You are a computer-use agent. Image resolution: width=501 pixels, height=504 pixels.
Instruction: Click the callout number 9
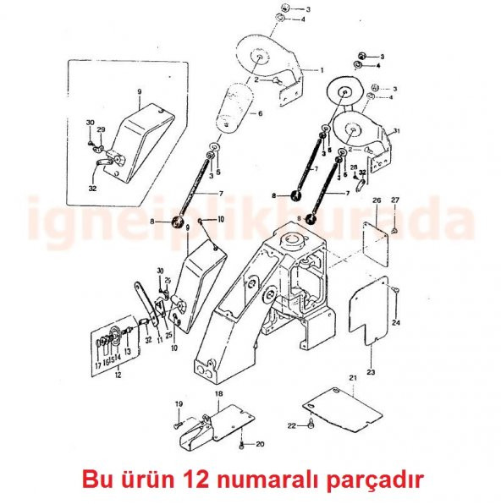coord(139,90)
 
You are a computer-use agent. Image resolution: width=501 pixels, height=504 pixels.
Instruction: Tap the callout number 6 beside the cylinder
coord(260,113)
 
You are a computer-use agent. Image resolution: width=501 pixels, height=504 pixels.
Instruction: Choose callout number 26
coord(377,200)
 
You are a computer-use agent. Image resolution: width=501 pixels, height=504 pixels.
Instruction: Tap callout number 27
coord(395,200)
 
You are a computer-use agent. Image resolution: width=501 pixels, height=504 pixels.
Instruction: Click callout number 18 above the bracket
coord(217,394)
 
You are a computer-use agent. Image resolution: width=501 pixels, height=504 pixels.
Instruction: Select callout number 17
coord(97,365)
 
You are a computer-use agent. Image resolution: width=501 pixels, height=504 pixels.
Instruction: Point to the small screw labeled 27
coord(395,229)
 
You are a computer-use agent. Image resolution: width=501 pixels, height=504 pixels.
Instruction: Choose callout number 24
coord(396,322)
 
